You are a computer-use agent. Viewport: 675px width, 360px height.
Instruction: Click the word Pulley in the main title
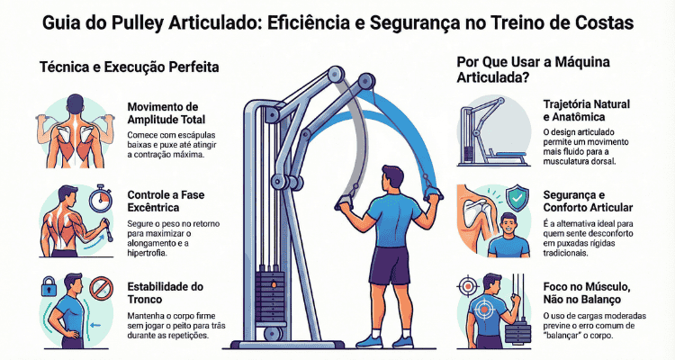(137, 23)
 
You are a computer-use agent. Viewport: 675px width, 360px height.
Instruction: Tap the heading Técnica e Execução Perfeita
(129, 67)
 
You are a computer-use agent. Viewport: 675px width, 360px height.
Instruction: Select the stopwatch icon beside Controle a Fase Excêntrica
(101, 198)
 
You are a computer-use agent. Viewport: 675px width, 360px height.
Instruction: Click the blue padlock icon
(49, 287)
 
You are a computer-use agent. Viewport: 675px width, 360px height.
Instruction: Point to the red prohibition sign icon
(102, 288)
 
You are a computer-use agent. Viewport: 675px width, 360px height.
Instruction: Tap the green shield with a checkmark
(517, 198)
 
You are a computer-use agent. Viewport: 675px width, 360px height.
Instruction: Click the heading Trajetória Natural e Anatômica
(586, 111)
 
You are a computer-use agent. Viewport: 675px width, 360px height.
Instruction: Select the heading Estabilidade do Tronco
(165, 292)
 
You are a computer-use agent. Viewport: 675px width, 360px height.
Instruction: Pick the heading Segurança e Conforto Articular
(588, 201)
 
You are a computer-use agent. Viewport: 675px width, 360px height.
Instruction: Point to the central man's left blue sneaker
(369, 341)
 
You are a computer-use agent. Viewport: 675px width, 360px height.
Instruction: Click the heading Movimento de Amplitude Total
(166, 113)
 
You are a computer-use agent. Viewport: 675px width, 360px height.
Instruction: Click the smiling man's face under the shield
(508, 226)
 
